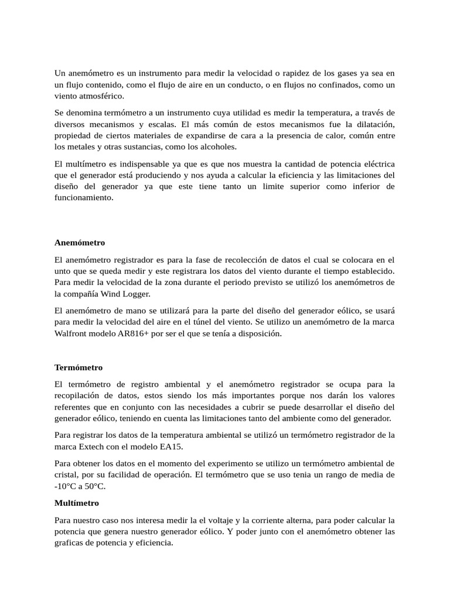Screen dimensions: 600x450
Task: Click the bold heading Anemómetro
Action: tap(80, 243)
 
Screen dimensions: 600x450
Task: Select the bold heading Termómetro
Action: tap(79, 367)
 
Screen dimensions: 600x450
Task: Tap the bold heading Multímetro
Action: tap(77, 503)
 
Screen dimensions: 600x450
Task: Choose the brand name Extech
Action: tap(97, 446)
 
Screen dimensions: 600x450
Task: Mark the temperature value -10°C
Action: tap(67, 486)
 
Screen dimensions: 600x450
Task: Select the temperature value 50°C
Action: tap(96, 486)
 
